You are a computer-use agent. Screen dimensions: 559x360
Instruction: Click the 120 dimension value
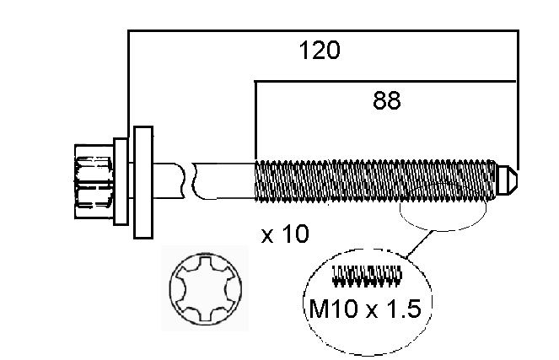pos(320,50)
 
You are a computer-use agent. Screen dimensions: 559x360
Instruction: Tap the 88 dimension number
pos(387,100)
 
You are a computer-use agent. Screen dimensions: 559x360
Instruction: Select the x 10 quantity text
pos(285,234)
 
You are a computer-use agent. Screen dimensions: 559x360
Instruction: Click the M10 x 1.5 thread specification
pos(365,309)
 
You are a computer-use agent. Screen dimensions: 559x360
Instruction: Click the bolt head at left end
pos(94,181)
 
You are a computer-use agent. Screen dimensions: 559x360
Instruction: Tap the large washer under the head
pos(143,182)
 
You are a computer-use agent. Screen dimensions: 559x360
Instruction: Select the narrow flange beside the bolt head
pos(121,181)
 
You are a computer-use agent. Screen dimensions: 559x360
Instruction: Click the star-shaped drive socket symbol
pos(205,288)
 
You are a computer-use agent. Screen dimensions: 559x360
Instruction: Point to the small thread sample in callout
pos(367,276)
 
